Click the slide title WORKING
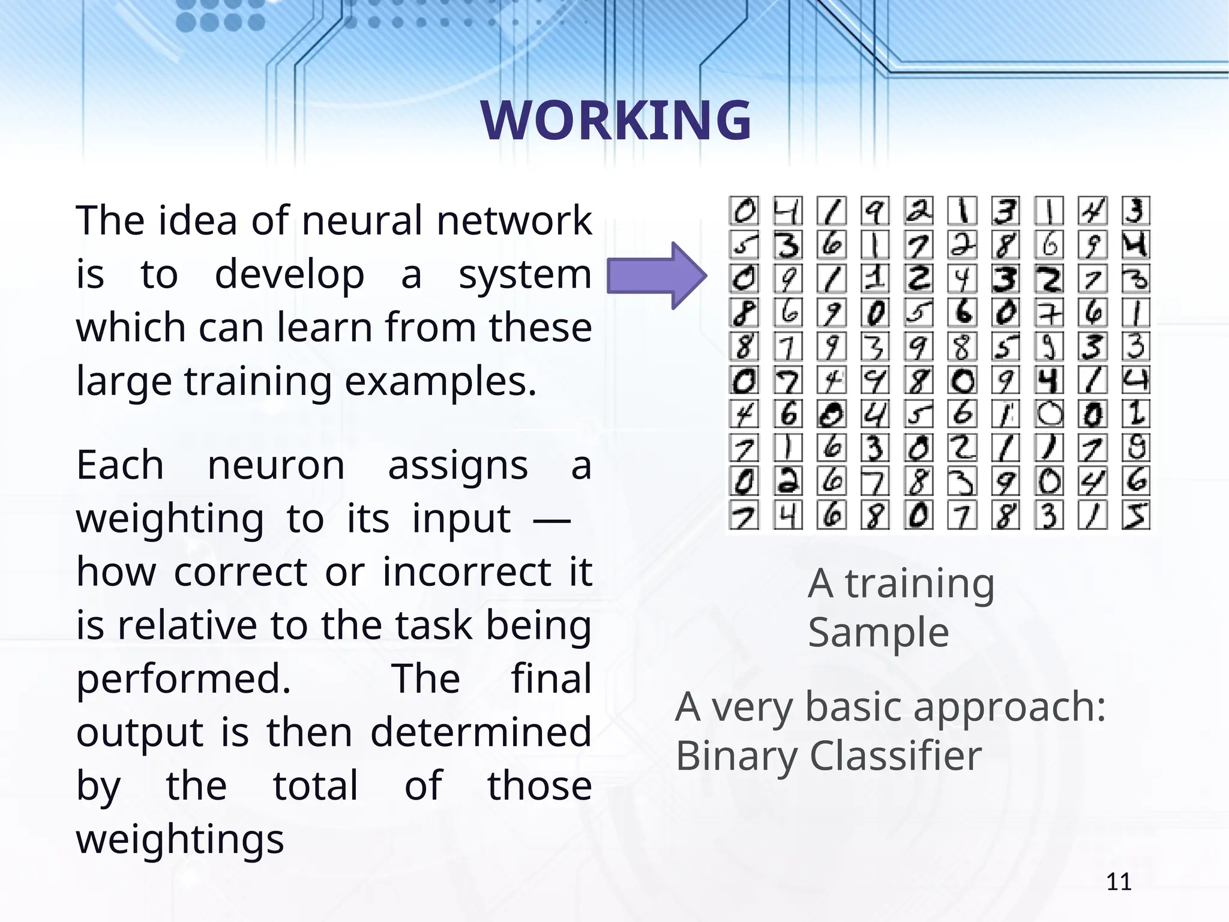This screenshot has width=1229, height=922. pyautogui.click(x=616, y=120)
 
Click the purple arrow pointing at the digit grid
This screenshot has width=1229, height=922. pyautogui.click(x=657, y=276)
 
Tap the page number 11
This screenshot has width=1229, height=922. pyautogui.click(x=1119, y=882)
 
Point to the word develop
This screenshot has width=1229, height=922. pyautogui.click(x=289, y=275)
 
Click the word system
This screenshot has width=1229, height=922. pyautogui.click(x=525, y=275)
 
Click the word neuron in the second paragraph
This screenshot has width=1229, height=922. pyautogui.click(x=276, y=465)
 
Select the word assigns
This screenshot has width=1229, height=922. pyautogui.click(x=458, y=465)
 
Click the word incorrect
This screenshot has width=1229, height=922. pyautogui.click(x=467, y=571)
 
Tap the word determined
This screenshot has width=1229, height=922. pyautogui.click(x=481, y=732)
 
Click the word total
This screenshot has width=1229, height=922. pyautogui.click(x=316, y=785)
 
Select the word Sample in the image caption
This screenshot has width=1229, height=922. pyautogui.click(x=878, y=633)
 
